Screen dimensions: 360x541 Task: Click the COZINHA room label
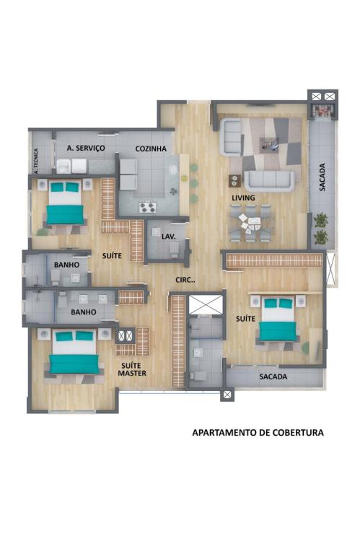click(x=151, y=149)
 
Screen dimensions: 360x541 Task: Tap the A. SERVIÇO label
click(x=86, y=148)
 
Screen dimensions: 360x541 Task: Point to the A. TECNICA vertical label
click(x=36, y=161)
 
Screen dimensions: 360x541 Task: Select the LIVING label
click(x=243, y=198)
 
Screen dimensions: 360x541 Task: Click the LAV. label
click(x=169, y=237)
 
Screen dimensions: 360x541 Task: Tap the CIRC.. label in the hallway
click(x=185, y=280)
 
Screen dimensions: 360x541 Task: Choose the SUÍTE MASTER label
click(x=132, y=369)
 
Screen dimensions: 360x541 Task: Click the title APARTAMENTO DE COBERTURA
click(x=258, y=432)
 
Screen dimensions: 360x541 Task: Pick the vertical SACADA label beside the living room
click(x=322, y=177)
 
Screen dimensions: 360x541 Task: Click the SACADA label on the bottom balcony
click(x=273, y=377)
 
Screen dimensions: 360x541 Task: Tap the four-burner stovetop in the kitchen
click(x=147, y=207)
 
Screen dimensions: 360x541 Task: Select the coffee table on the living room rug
click(x=269, y=144)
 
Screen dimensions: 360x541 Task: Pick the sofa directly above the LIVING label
click(x=270, y=181)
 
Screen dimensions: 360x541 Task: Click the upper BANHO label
click(x=66, y=265)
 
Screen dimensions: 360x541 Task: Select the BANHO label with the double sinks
click(x=84, y=312)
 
